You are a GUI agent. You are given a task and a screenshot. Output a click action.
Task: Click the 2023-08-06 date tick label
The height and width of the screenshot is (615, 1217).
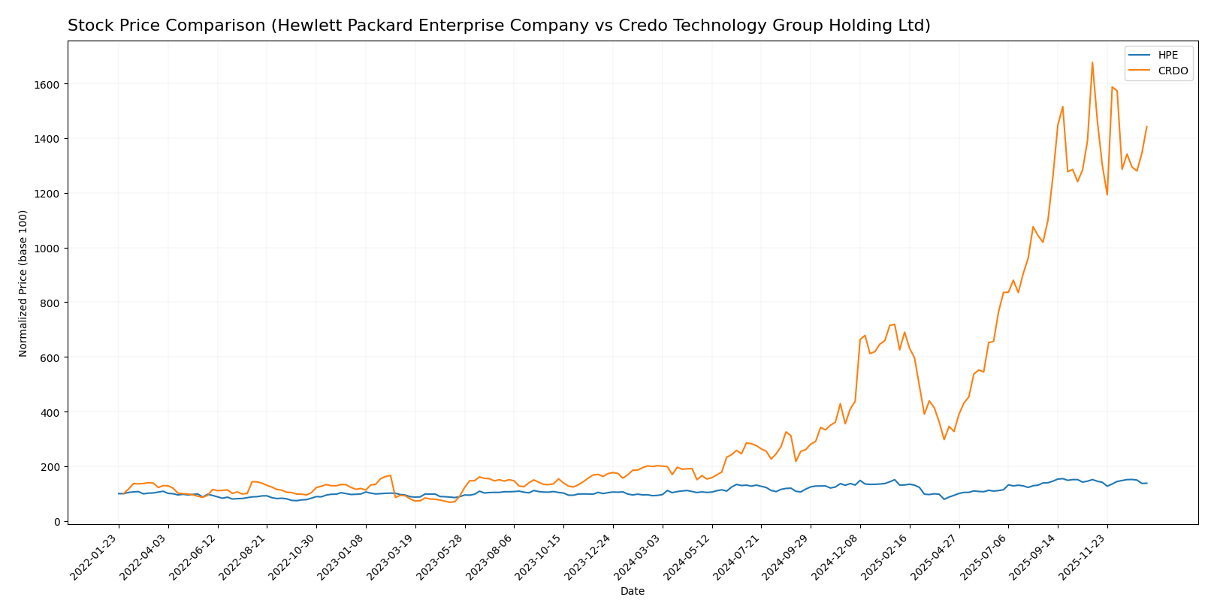[492, 556]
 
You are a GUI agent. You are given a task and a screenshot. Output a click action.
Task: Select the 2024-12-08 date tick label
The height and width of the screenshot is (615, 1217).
[838, 556]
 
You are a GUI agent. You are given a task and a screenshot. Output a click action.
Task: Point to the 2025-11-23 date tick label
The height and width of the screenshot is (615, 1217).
[1086, 556]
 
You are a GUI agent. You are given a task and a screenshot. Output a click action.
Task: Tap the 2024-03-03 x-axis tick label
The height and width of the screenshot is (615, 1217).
[640, 556]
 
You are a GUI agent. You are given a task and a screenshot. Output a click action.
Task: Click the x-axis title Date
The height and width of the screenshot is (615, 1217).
[632, 592]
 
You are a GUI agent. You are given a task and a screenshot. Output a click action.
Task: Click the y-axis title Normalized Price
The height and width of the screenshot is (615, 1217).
[23, 283]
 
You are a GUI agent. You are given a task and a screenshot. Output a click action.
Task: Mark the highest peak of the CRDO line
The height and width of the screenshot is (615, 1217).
[1092, 62]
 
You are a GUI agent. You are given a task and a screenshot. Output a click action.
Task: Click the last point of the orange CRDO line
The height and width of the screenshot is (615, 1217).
[1146, 127]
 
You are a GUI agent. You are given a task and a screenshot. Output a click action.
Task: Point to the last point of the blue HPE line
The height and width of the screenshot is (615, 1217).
[1146, 483]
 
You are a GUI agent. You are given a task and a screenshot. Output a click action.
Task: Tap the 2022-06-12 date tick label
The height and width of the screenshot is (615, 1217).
[195, 556]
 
